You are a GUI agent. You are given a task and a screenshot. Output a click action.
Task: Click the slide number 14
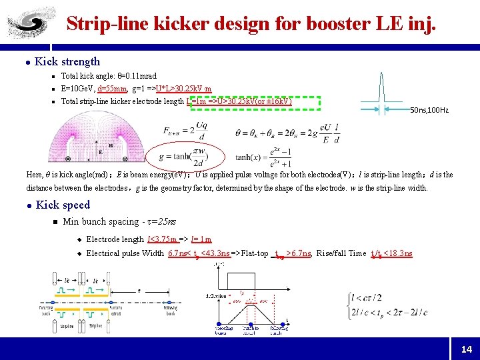click(466, 349)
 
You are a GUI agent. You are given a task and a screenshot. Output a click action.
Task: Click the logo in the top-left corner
click(26, 21)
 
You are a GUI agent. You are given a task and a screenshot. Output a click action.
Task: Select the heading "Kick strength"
click(67, 61)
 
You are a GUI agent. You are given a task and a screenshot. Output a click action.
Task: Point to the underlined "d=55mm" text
click(112, 88)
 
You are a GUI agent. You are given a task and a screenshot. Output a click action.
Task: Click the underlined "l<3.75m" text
click(163, 239)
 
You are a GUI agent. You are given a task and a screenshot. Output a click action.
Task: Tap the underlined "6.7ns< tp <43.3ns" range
click(199, 253)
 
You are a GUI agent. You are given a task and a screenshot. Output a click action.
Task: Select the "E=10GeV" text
click(77, 88)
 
